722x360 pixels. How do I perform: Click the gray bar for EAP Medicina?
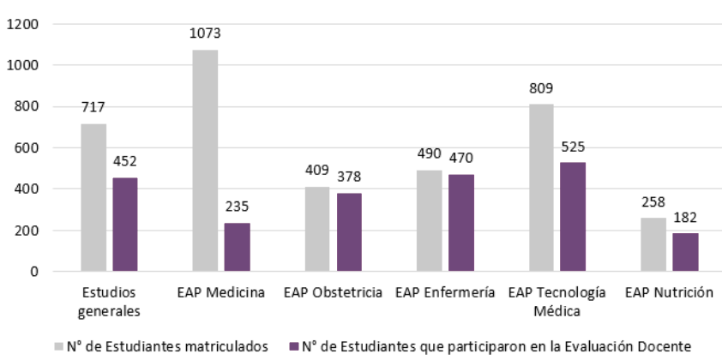coord(205,160)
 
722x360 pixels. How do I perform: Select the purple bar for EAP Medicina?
coord(237,247)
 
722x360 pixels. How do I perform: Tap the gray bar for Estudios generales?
coord(93,197)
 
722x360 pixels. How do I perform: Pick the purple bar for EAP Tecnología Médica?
coord(573,217)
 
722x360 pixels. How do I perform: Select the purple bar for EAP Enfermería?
coord(460,223)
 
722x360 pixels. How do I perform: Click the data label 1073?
coord(205,34)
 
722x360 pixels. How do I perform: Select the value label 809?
coord(541,88)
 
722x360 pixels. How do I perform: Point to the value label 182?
coord(685,218)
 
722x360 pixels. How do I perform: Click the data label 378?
coord(349,178)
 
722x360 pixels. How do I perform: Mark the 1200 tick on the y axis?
coord(23,24)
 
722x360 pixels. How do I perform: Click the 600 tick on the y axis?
coord(27,147)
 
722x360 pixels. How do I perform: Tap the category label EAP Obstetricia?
coord(333,293)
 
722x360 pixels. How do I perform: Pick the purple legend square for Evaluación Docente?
coord(292,346)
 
